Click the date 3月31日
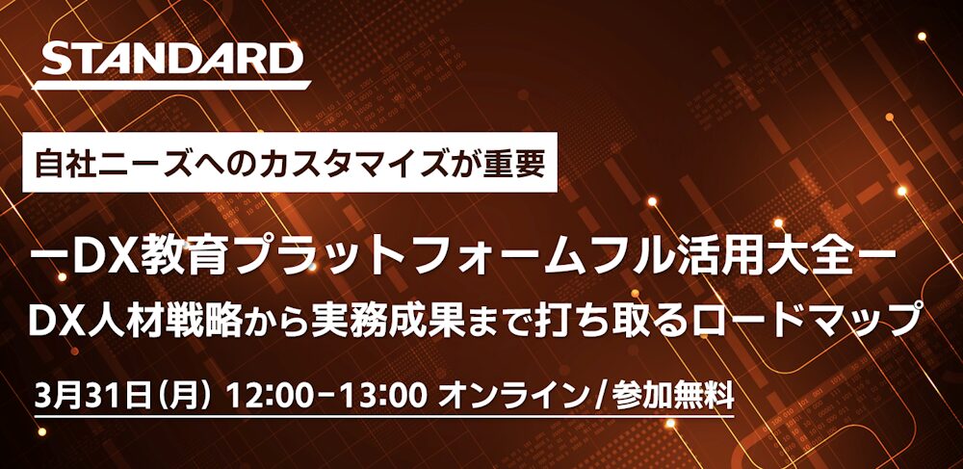click(x=92, y=397)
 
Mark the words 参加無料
click(x=672, y=397)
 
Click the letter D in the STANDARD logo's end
click(x=280, y=59)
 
